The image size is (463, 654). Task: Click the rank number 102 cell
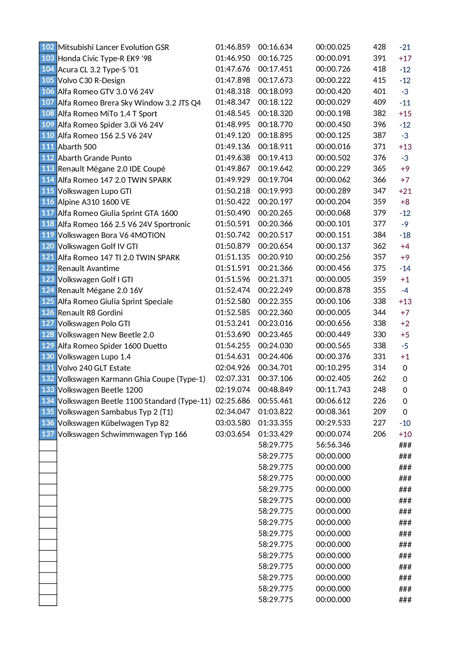[x=48, y=47]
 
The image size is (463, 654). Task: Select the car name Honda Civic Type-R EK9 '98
[x=104, y=58]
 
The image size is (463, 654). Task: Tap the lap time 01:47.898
[x=232, y=80]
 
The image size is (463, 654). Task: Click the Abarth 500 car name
[x=77, y=147]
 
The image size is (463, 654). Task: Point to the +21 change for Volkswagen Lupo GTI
[x=405, y=191]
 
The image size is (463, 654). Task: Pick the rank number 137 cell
[x=48, y=434]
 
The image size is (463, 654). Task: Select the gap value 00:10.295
[x=333, y=368]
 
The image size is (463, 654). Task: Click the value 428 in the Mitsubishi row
[x=379, y=47]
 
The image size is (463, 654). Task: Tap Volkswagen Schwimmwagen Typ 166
[x=122, y=434]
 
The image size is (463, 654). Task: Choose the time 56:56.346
[x=333, y=445]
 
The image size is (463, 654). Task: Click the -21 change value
[x=405, y=47]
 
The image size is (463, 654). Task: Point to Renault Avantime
[x=88, y=268]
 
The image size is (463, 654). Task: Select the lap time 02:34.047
[x=232, y=412]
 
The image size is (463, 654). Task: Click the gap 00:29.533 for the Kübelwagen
[x=333, y=423]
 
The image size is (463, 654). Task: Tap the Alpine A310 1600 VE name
[x=94, y=202]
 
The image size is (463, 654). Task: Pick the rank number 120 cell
[x=48, y=246]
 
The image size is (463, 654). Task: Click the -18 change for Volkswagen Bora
[x=405, y=235]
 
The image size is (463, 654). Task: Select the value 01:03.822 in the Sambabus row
[x=275, y=412]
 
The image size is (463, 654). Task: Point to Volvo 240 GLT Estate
[x=94, y=368]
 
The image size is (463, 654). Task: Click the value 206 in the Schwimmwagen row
[x=379, y=434]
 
